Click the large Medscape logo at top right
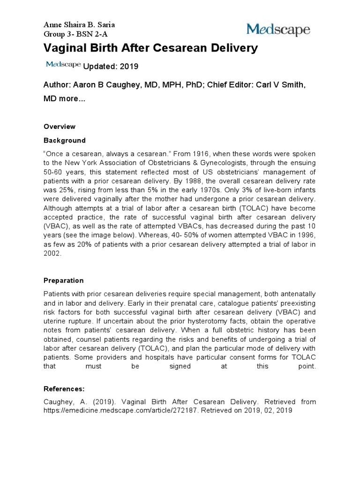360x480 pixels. coord(278,30)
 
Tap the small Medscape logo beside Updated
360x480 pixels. coord(63,65)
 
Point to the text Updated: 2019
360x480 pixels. coord(111,67)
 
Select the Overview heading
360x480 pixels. coord(60,127)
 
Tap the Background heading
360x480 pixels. coord(65,140)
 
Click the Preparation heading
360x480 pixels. coord(64,280)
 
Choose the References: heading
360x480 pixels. coord(64,389)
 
